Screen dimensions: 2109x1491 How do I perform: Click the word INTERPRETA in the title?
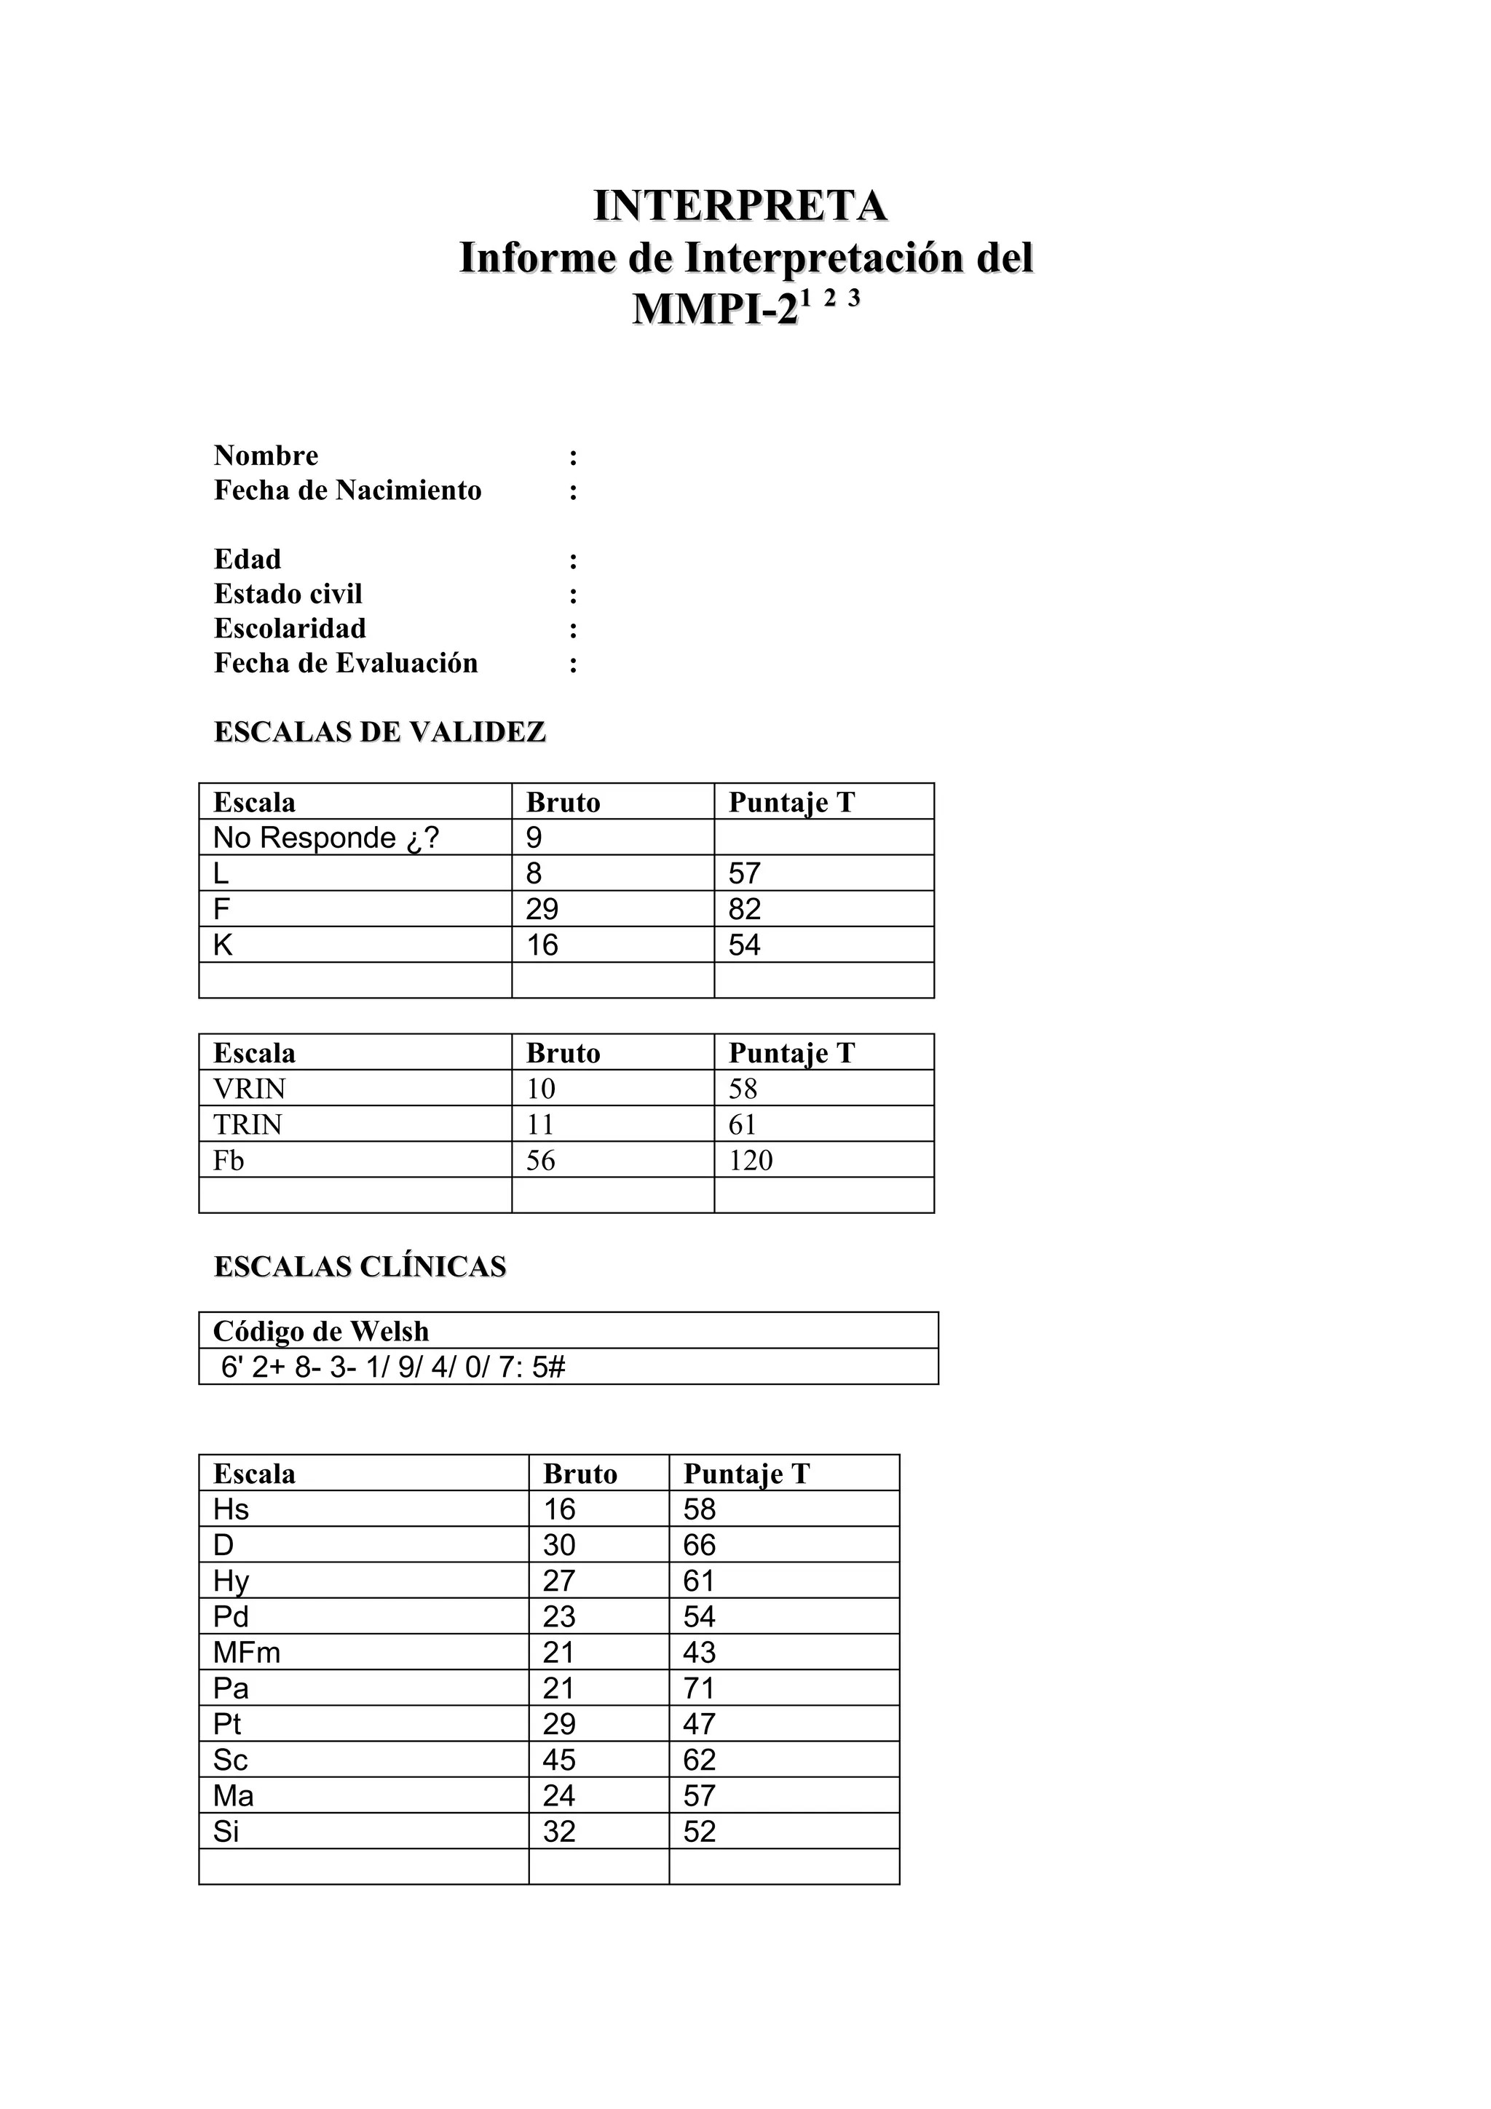740,206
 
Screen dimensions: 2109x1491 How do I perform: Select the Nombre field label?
266,456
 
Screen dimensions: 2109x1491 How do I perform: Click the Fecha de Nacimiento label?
347,490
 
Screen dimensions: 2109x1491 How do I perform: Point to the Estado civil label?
288,595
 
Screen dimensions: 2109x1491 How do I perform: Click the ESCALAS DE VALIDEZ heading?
379,732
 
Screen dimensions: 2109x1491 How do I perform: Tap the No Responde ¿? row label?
325,838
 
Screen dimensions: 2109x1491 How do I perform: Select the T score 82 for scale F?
744,910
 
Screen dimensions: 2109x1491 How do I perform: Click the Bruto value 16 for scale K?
542,945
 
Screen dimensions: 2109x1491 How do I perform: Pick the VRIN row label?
249,1089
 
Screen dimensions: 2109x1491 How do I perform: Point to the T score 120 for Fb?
750,1160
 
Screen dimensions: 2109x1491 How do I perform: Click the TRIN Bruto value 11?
540,1124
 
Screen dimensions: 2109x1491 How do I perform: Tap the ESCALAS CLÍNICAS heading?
359,1267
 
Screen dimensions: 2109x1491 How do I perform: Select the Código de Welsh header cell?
320,1331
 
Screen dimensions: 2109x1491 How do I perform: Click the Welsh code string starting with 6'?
392,1367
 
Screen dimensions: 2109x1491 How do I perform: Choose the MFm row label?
246,1653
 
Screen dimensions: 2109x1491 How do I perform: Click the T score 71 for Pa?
698,1688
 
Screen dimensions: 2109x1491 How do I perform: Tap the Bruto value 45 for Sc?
558,1760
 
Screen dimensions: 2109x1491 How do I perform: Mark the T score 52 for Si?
698,1832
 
